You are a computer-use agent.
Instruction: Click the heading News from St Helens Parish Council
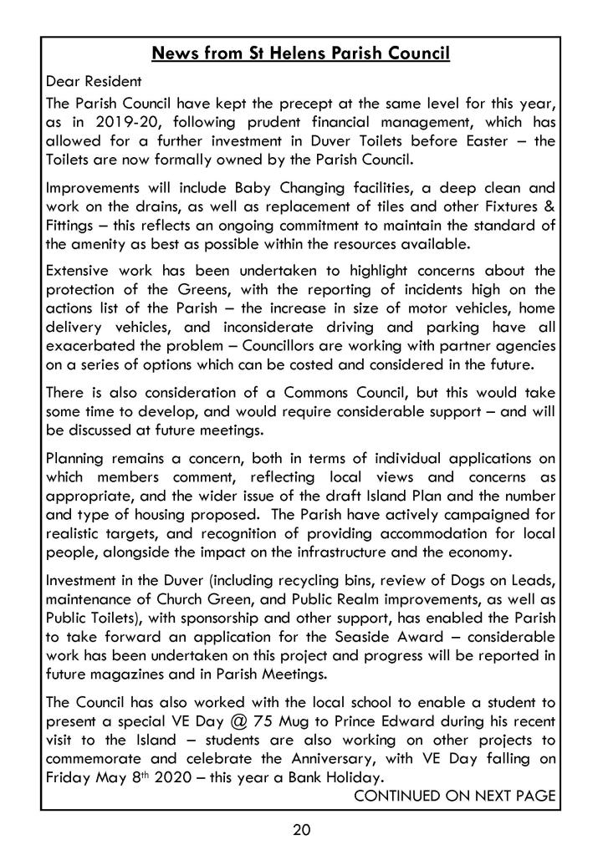[301, 55]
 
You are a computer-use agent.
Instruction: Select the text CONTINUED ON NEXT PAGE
[455, 795]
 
